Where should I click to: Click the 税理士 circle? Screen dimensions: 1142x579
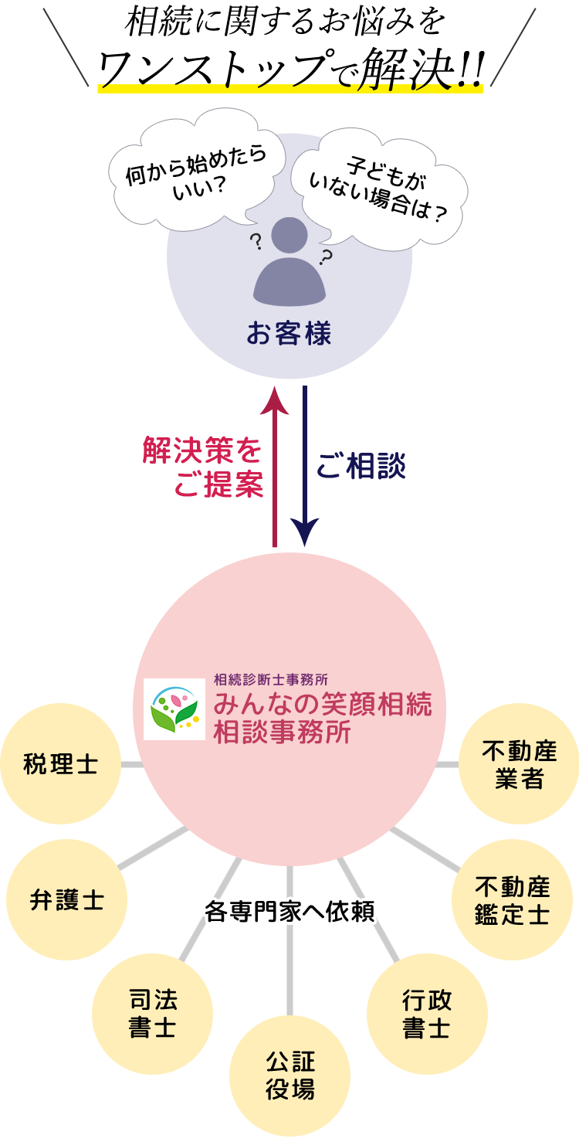(60, 765)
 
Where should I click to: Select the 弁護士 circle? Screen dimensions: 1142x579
(66, 899)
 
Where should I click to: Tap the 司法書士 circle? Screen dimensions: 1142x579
(152, 1014)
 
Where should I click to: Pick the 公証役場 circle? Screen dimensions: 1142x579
(289, 1075)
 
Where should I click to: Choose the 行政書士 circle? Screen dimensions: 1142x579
(427, 1014)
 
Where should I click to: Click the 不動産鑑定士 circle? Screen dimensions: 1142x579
(512, 899)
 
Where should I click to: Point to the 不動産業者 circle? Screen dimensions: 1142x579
(519, 765)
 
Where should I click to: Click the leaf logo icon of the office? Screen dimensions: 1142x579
(174, 709)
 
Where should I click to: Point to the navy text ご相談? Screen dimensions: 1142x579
(363, 467)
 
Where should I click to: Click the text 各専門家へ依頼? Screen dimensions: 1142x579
(289, 912)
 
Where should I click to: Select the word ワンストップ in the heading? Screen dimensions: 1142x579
(208, 70)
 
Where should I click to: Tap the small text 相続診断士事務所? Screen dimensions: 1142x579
(271, 680)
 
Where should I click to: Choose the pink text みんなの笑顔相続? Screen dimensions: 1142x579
(323, 705)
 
